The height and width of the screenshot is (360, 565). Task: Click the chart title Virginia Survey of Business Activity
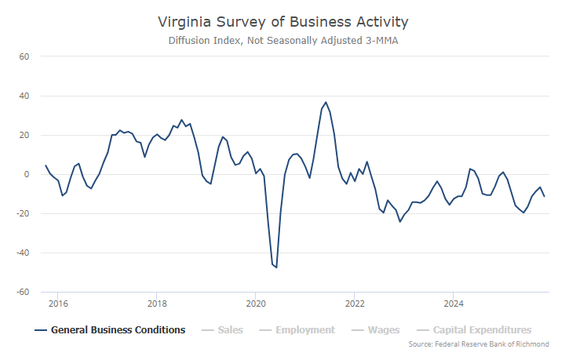(282, 21)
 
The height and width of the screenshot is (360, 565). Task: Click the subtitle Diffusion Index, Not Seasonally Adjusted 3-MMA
(282, 40)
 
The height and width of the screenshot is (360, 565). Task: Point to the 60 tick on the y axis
(24, 56)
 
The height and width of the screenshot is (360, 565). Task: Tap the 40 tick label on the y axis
(24, 96)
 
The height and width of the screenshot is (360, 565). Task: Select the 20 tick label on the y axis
(24, 135)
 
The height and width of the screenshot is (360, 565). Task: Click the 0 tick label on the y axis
(26, 174)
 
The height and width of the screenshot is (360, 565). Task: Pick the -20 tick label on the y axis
(22, 213)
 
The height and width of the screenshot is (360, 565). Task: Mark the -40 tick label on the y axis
(22, 253)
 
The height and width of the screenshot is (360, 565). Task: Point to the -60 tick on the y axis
(22, 292)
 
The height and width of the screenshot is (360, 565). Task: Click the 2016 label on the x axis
(59, 303)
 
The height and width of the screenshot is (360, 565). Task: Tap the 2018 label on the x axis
(157, 303)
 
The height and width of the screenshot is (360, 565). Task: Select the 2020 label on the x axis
(256, 303)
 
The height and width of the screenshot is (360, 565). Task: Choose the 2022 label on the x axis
(355, 303)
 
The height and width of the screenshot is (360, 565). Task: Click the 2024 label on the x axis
(453, 303)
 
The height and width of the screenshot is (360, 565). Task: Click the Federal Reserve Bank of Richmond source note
(479, 344)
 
